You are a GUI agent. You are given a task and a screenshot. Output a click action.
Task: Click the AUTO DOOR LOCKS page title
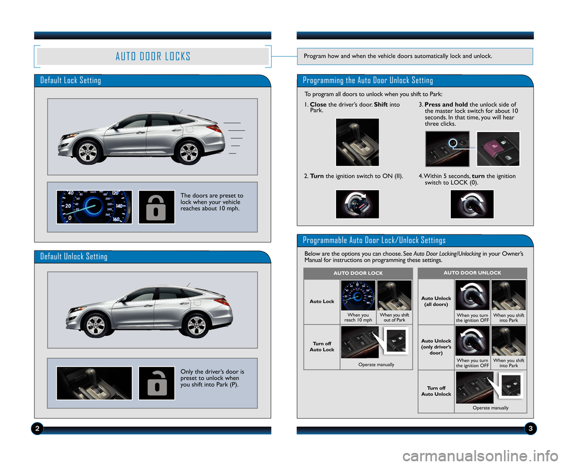point(153,56)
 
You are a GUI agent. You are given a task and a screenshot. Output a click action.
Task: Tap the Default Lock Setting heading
point(70,81)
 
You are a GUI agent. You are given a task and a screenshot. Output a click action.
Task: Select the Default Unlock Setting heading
point(74,256)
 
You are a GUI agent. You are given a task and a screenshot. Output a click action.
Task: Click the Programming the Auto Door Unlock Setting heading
point(367,81)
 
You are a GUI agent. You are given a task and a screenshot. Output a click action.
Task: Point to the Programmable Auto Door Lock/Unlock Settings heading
point(374,240)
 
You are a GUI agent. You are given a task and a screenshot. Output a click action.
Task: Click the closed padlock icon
point(156,207)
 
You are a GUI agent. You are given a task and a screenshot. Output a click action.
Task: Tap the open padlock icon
point(156,383)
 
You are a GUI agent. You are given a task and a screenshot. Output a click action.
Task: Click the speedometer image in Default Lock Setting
point(94,207)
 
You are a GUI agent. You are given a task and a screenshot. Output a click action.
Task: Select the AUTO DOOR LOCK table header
point(358,273)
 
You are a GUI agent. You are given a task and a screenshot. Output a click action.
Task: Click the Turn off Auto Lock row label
point(322,347)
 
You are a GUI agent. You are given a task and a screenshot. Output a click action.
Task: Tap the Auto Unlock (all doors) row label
point(436,301)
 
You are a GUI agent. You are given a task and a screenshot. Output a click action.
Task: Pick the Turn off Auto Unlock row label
point(436,391)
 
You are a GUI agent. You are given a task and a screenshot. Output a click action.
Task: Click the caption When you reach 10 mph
point(359,317)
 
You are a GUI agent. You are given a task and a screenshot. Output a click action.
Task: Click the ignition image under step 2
point(357,204)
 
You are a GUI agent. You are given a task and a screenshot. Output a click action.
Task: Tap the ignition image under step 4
point(472,204)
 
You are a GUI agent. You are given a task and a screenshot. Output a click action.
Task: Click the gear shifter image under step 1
point(357,142)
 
